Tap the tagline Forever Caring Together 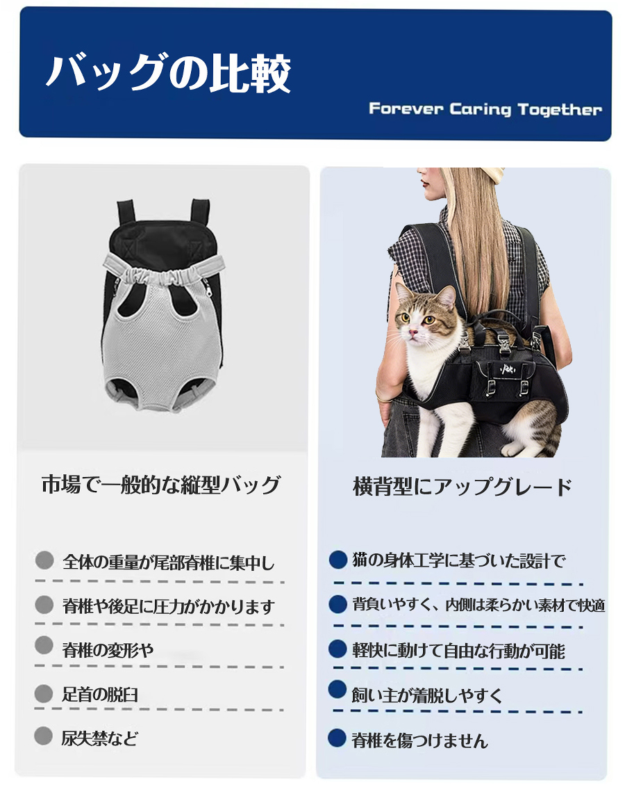[x=485, y=109]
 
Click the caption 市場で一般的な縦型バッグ [x=161, y=485]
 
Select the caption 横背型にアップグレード [x=462, y=487]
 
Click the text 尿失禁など [x=99, y=738]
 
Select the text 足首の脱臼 [x=100, y=695]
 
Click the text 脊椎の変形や [x=108, y=649]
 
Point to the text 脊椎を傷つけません [x=419, y=740]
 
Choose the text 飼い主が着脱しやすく [x=427, y=695]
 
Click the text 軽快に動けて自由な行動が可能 [x=458, y=651]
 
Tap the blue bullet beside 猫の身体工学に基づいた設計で [x=337, y=560]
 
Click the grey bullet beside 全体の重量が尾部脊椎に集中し [x=44, y=560]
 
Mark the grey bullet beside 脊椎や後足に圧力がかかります [x=44, y=604]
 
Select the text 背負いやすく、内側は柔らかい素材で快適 [x=478, y=605]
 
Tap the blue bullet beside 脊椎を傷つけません [x=337, y=738]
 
